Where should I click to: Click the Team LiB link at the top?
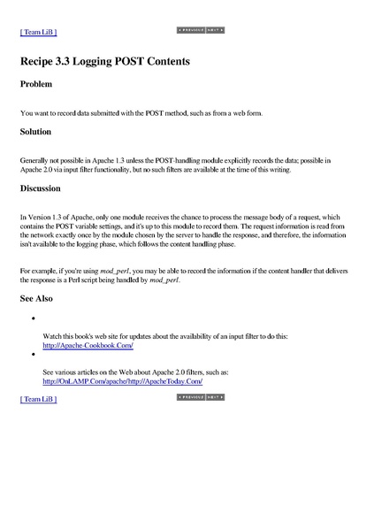point(38,32)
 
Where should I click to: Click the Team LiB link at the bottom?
point(38,400)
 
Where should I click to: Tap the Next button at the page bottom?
point(214,398)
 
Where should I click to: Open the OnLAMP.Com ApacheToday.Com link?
point(123,381)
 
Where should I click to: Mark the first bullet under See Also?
point(32,318)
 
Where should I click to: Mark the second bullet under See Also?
point(32,354)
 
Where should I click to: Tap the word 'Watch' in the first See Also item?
point(53,338)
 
